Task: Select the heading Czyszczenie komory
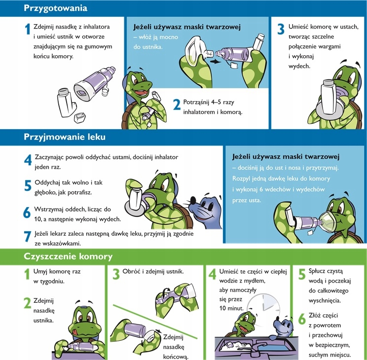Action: click(x=69, y=256)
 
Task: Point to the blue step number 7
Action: click(x=28, y=236)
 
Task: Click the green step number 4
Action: click(x=212, y=275)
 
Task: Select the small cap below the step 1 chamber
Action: click(x=78, y=118)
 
